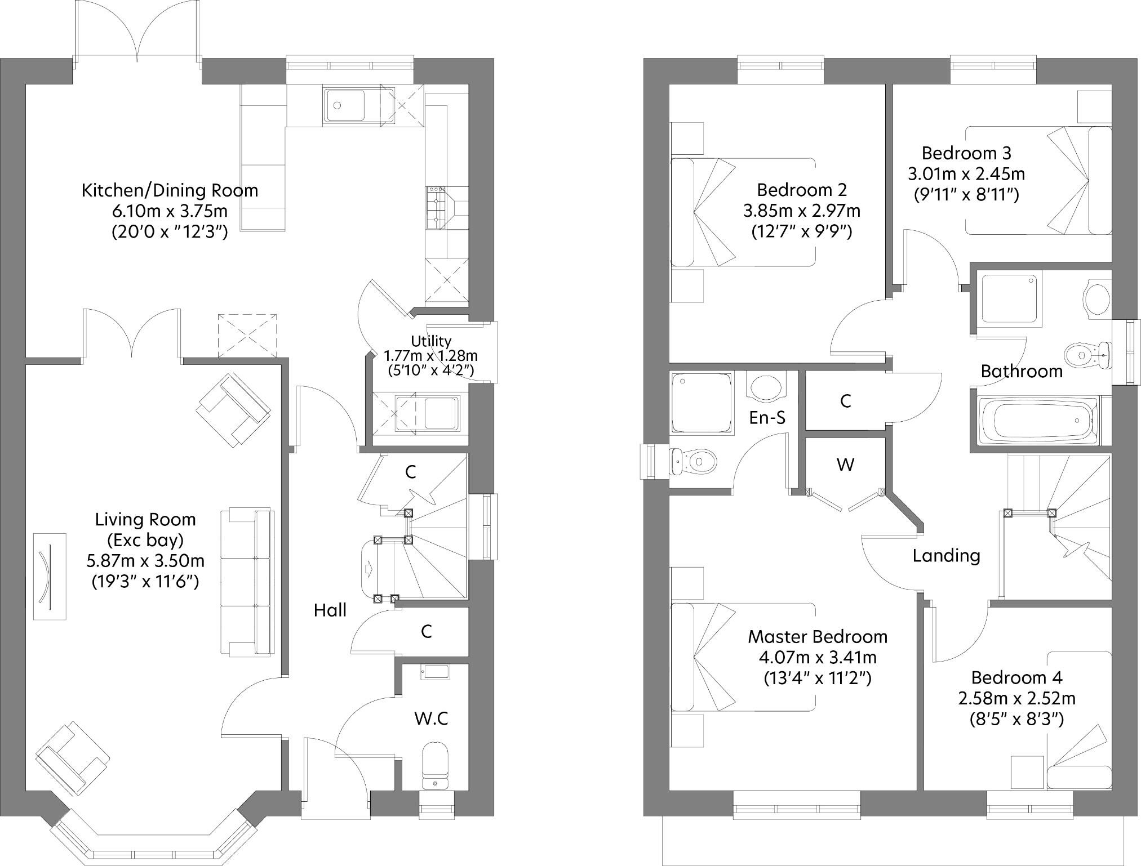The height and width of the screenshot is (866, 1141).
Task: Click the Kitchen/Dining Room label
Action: [170, 190]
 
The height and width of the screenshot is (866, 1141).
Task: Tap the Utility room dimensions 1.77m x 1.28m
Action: [430, 356]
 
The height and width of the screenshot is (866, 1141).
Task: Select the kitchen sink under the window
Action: [344, 105]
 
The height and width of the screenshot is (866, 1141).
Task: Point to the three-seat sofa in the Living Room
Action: [247, 582]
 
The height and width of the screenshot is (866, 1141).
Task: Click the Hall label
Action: [330, 610]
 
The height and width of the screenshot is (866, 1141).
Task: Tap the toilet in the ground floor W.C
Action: [434, 766]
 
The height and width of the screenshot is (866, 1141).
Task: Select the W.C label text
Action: [431, 718]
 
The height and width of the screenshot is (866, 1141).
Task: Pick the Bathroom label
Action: [1022, 371]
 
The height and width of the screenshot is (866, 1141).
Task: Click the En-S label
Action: [767, 417]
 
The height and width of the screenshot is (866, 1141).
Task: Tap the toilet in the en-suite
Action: [693, 461]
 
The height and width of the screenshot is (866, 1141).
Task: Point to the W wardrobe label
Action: [845, 465]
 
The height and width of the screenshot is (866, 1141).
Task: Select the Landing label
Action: [946, 556]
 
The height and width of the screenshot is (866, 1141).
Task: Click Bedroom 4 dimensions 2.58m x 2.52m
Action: [1016, 699]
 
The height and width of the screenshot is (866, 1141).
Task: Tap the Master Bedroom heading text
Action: [818, 637]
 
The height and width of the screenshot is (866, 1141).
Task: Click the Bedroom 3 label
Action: [966, 153]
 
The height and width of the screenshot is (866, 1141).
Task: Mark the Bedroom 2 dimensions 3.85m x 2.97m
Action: [802, 211]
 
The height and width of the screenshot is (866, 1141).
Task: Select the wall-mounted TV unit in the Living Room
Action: [49, 577]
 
